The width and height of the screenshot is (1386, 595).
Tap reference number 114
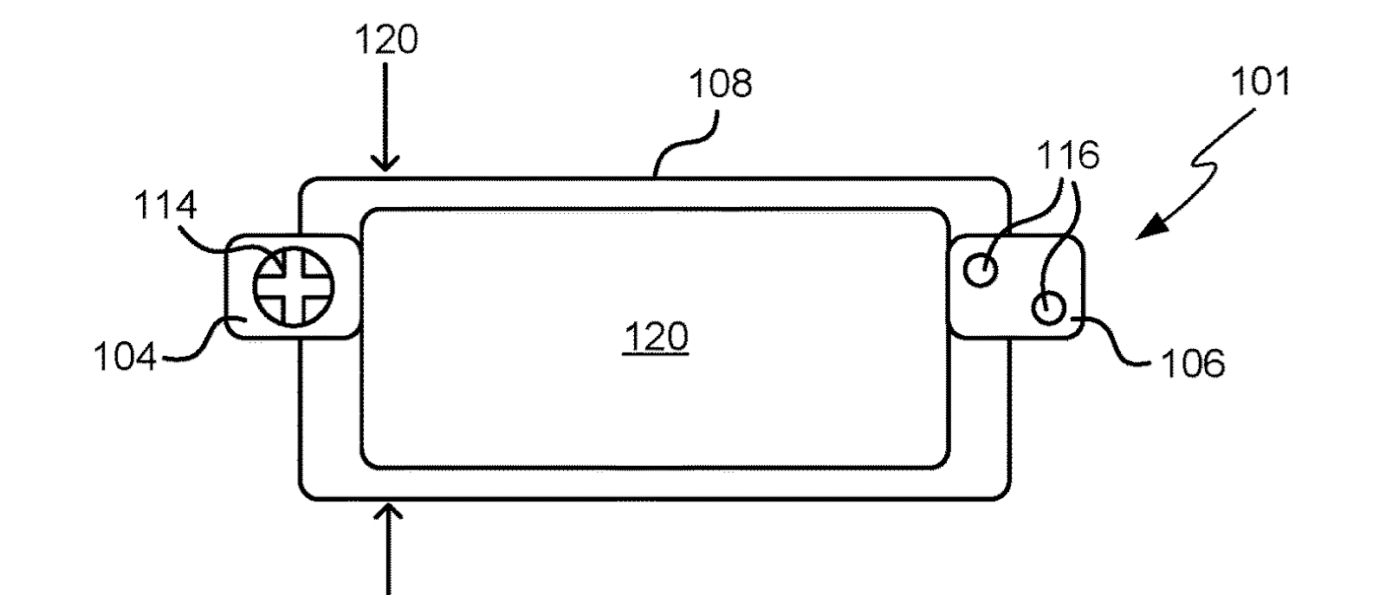pyautogui.click(x=165, y=207)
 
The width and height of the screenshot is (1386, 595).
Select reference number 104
pyautogui.click(x=126, y=357)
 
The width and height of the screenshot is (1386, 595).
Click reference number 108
pyautogui.click(x=720, y=85)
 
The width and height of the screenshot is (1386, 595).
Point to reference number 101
pyautogui.click(x=1260, y=82)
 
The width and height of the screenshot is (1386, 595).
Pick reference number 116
pyautogui.click(x=1068, y=156)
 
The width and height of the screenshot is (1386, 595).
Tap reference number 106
pyautogui.click(x=1192, y=364)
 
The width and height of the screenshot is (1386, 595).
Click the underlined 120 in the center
pyautogui.click(x=656, y=337)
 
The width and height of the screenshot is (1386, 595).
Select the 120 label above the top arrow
pyautogui.click(x=386, y=40)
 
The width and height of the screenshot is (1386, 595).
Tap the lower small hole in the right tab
pyautogui.click(x=1048, y=307)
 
